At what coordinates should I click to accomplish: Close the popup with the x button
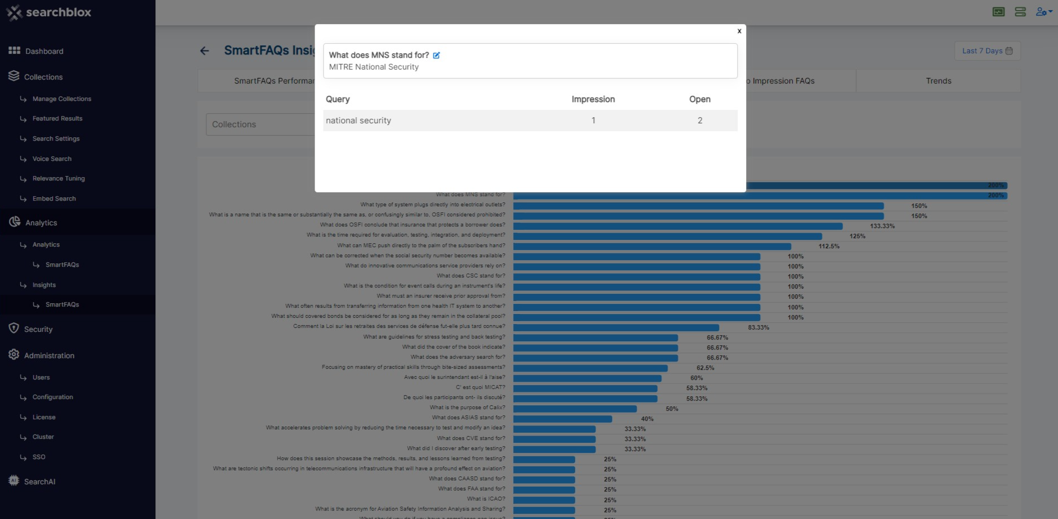(x=739, y=31)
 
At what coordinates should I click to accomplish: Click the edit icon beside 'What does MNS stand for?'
(x=436, y=55)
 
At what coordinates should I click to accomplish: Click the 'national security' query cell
(x=358, y=121)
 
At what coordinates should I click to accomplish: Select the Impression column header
(x=593, y=99)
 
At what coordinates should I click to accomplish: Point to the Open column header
(x=700, y=99)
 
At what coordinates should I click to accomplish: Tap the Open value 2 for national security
(x=700, y=121)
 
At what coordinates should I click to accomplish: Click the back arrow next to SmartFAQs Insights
(x=204, y=51)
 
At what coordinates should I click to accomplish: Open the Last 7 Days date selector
(x=987, y=51)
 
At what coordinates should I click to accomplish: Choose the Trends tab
(x=938, y=81)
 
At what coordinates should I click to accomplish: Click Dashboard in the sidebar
(x=44, y=51)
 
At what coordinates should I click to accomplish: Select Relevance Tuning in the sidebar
(x=58, y=179)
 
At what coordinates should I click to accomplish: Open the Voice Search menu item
(x=52, y=159)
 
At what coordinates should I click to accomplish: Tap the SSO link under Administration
(x=39, y=457)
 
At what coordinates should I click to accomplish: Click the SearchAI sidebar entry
(x=39, y=481)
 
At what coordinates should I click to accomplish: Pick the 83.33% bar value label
(x=758, y=327)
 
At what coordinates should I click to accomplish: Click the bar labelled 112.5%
(x=652, y=246)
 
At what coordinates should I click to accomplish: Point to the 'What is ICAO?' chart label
(x=486, y=499)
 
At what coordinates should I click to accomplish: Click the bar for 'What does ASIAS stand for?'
(x=562, y=419)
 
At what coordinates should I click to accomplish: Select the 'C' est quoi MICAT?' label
(x=480, y=387)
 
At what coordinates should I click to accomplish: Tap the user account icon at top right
(x=1042, y=12)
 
